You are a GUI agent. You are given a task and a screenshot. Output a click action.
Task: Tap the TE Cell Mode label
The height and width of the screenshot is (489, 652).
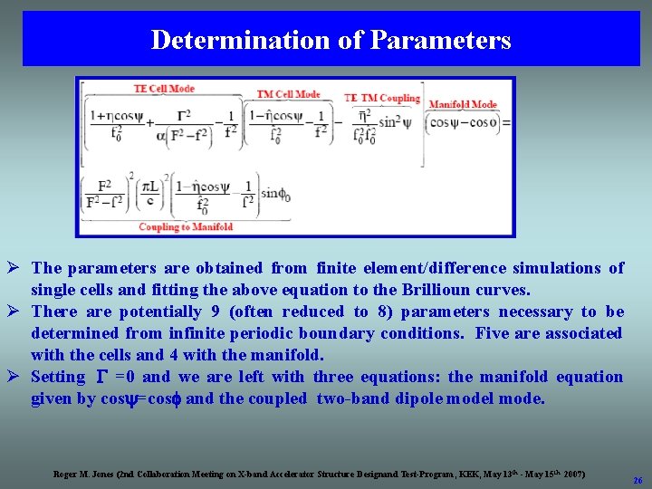(x=164, y=89)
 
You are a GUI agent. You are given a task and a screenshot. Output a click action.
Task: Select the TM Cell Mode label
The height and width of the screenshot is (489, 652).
(x=288, y=94)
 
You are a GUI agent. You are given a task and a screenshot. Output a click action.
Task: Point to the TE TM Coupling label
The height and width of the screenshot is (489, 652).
(x=381, y=98)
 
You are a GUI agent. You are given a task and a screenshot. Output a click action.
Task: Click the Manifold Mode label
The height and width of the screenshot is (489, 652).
(x=462, y=105)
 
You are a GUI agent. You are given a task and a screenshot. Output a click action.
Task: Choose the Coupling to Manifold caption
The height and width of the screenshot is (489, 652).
(x=186, y=226)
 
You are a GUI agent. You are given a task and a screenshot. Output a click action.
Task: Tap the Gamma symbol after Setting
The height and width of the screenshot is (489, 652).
(x=102, y=377)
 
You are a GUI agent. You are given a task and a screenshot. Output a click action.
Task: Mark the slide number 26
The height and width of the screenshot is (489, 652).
(x=638, y=480)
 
